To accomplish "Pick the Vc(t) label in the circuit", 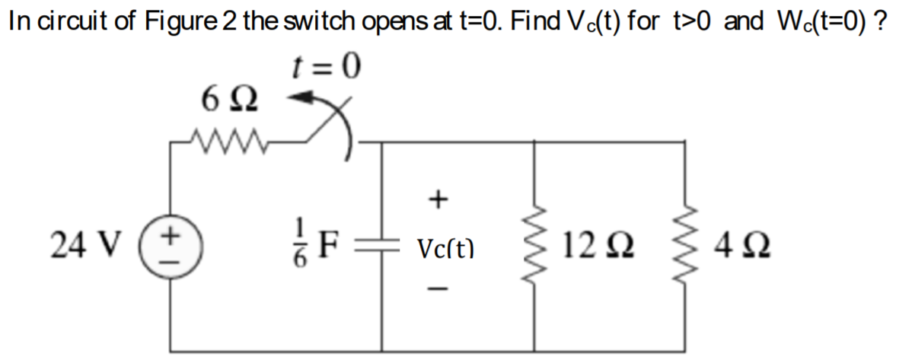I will (446, 248).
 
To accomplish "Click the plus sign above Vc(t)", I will (437, 200).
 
